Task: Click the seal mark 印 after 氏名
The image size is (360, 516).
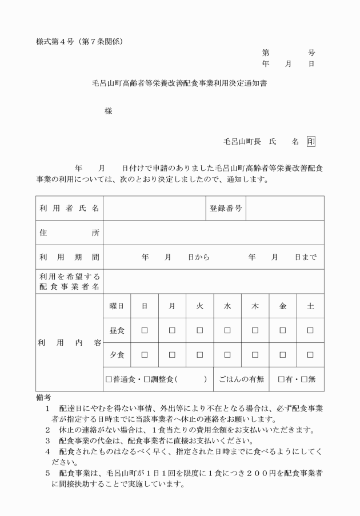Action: coord(310,141)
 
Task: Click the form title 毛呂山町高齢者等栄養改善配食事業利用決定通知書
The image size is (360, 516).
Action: coord(180,83)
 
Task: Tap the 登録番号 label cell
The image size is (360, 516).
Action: coord(226,209)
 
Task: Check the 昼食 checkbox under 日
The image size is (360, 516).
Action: coord(145,330)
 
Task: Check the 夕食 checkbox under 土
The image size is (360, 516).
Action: coord(310,355)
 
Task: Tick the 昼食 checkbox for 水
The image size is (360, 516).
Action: coord(227,330)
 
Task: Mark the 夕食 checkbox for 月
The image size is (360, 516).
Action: coord(172,355)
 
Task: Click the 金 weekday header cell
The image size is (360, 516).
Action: coord(283,306)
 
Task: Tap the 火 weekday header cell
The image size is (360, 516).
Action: coord(199,306)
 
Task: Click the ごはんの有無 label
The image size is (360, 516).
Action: coord(242,379)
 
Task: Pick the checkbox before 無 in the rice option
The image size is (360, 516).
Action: coord(304,379)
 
